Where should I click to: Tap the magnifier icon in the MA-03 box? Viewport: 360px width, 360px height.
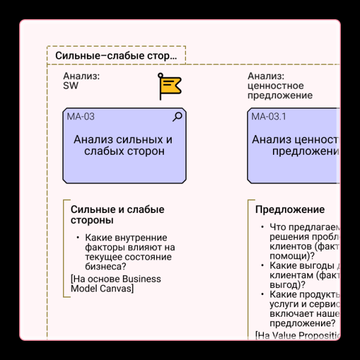177,117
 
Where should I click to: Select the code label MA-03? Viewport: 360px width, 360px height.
80,117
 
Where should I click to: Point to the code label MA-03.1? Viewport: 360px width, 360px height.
268,117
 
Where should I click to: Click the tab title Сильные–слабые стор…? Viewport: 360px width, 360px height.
116,56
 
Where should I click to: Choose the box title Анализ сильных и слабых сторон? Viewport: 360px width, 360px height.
123,146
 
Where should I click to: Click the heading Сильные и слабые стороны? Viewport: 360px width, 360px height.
117,215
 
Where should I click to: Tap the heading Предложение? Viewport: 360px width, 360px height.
290,210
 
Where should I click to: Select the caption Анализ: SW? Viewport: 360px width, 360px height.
82,81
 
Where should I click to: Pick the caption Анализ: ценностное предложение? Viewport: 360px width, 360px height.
280,86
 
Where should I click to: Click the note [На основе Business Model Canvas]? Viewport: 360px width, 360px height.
116,284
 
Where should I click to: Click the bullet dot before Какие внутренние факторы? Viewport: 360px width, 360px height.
78,238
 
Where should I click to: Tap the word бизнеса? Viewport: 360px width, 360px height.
104,266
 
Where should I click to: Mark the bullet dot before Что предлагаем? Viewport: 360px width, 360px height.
262,227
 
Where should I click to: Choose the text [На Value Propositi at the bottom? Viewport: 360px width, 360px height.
298,335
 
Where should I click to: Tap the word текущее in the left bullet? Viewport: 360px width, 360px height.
104,257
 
